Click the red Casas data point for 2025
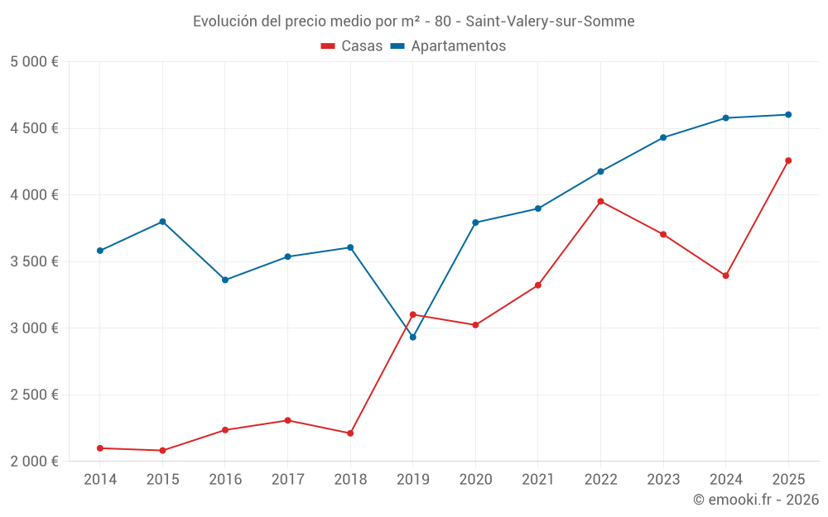click(x=788, y=160)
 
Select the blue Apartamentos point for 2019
click(x=413, y=337)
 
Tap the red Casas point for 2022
click(x=600, y=201)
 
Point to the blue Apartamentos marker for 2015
click(x=162, y=222)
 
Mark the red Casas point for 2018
click(x=350, y=433)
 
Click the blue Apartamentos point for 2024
click(x=725, y=118)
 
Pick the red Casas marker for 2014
click(x=100, y=448)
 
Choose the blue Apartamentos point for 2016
click(x=225, y=280)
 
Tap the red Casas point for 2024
click(x=725, y=275)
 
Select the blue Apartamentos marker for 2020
click(x=475, y=223)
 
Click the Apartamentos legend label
click(x=458, y=46)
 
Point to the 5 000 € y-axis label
click(x=34, y=62)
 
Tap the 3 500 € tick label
click(x=34, y=261)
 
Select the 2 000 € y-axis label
click(x=34, y=462)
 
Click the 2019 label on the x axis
click(x=413, y=480)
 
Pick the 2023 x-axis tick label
click(x=663, y=480)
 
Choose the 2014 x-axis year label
click(x=100, y=480)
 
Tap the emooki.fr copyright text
click(x=755, y=500)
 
